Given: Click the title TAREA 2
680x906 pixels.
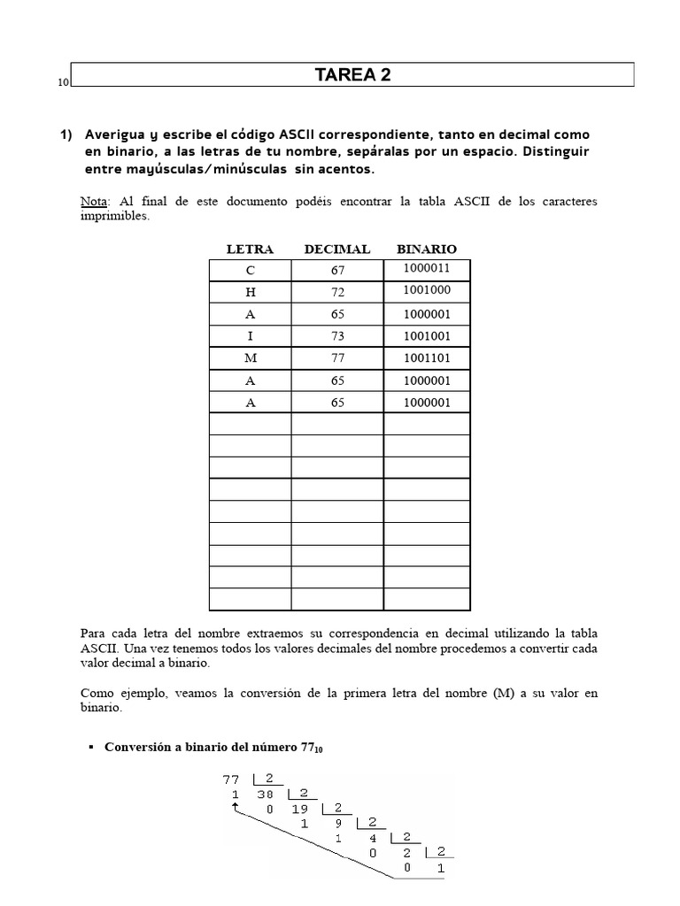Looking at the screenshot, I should coord(352,75).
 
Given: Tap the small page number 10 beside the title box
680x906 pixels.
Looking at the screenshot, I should coord(63,83).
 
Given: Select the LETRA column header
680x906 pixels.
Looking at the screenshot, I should coord(250,250).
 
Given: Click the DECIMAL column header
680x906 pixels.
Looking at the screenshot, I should coord(336,250).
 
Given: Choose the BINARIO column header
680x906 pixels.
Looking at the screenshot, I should coord(427,250).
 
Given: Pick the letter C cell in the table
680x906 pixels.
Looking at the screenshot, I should coord(250,270).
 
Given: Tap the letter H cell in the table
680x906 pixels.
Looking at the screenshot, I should coord(250,292).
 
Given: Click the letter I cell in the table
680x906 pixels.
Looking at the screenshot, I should coord(250,336).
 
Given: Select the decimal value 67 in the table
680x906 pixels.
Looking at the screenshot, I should coord(337,270).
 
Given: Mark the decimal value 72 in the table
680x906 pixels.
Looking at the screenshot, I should coord(337,292).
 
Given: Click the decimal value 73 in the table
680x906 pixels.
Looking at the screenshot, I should coord(337,336).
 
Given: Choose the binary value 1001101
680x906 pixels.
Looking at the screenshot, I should coord(427,358).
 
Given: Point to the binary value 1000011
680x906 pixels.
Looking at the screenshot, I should coord(427,267).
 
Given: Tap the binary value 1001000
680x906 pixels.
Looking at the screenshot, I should coord(427,289).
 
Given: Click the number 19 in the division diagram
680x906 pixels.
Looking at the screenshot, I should coord(301,808).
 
